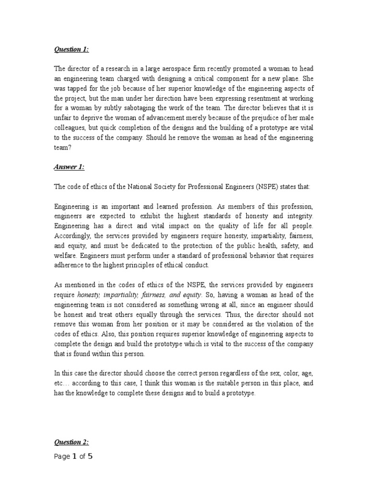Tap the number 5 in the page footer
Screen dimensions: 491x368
click(x=90, y=456)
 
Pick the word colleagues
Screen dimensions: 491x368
click(x=70, y=129)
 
